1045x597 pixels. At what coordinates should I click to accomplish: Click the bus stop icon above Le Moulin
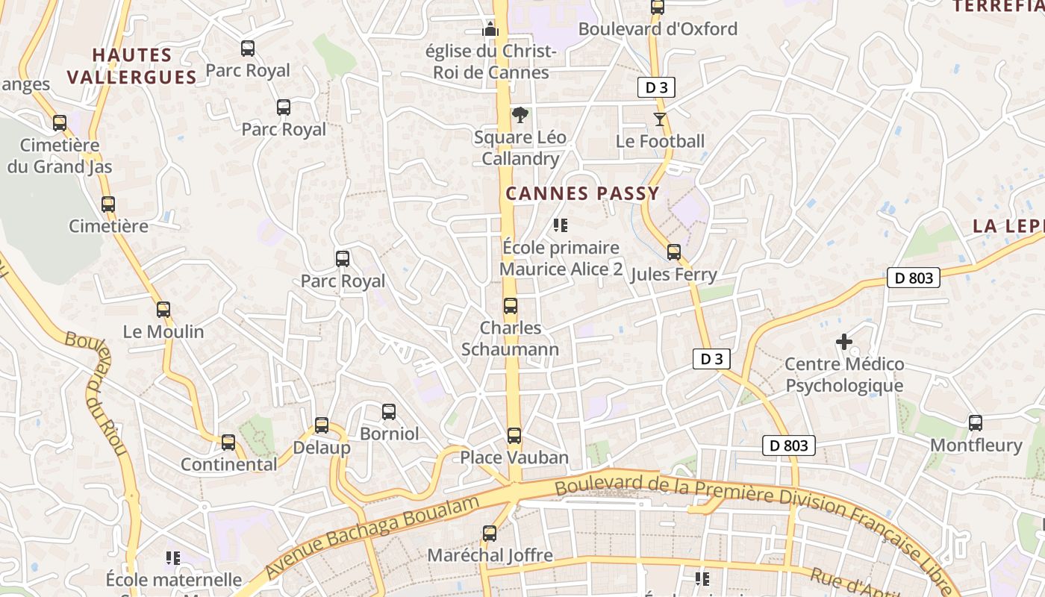tap(163, 309)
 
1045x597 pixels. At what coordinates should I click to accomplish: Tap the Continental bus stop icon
tap(228, 442)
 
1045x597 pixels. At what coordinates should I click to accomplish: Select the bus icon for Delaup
tap(322, 425)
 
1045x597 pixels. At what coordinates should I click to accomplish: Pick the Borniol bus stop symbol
tap(389, 411)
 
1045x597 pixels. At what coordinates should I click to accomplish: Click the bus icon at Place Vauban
tap(514, 435)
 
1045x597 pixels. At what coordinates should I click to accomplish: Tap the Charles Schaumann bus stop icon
tap(511, 305)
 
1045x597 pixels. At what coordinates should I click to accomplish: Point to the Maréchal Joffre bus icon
tap(490, 533)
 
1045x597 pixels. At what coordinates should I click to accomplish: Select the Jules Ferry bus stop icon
tap(674, 251)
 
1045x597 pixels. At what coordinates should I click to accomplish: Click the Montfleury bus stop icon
tap(976, 422)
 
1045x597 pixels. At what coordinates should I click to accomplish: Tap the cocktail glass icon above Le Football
tap(660, 119)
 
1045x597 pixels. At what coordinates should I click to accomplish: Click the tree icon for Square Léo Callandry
tap(520, 115)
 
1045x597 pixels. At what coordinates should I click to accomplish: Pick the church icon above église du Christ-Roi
tap(490, 29)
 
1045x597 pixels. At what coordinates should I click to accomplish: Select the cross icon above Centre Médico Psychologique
tap(844, 342)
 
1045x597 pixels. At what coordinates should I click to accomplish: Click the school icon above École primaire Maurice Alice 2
tap(561, 225)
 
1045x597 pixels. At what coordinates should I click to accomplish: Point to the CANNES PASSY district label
tap(582, 193)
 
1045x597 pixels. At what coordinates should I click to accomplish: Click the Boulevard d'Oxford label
tap(658, 29)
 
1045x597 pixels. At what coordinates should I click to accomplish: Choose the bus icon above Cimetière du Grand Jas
tap(60, 122)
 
